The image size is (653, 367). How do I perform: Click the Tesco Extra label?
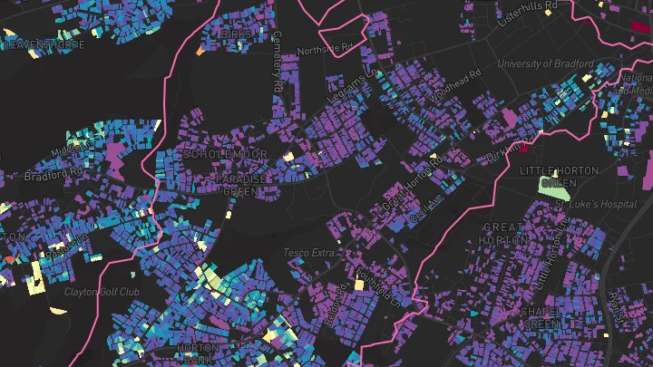click(x=309, y=252)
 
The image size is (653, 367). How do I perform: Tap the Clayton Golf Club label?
click(x=102, y=292)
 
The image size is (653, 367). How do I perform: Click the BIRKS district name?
click(x=236, y=34)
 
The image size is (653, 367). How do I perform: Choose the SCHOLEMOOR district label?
click(x=225, y=155)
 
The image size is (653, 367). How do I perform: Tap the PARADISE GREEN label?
click(x=241, y=185)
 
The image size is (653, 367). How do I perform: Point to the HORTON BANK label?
click(x=198, y=353)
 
